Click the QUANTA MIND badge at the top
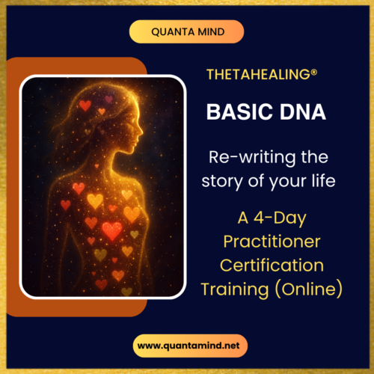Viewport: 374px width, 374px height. click(186, 31)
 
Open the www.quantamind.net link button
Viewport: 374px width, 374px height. click(186, 345)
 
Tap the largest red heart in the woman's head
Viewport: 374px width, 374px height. click(85, 105)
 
